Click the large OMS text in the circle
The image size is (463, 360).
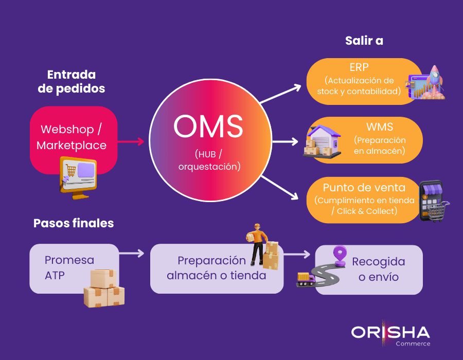208,127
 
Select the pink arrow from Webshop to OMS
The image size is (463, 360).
131,141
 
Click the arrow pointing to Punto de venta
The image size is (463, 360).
280,186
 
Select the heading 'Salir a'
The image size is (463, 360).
364,41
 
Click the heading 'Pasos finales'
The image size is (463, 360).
74,223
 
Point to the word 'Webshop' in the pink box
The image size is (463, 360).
67,129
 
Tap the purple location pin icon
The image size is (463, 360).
340,255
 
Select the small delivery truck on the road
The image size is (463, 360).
306,279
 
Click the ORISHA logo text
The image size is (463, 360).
390,331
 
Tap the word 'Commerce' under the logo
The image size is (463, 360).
413,344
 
